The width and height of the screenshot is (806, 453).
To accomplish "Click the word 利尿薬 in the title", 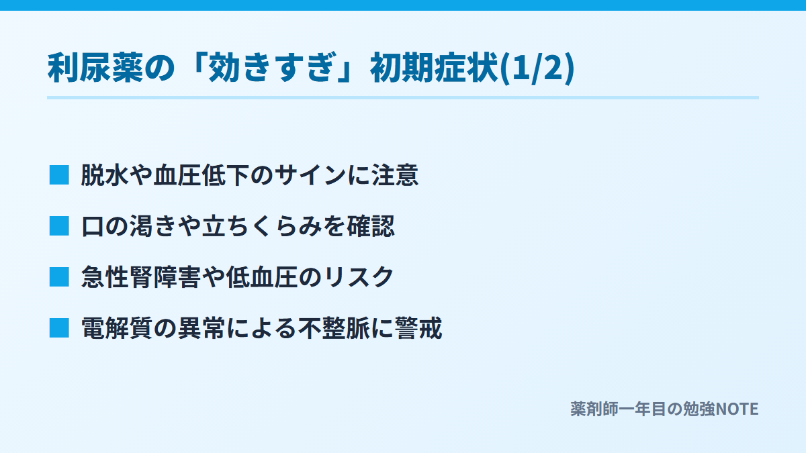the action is (x=95, y=68).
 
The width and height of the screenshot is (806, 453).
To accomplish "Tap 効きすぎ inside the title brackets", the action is (x=271, y=68).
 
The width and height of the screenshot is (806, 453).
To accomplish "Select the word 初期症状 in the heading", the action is (x=435, y=68).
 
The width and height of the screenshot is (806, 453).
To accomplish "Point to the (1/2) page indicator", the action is (x=537, y=68).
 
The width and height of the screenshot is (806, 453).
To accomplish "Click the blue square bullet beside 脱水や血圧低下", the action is (x=59, y=175).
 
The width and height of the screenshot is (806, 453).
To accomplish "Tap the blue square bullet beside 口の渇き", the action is (x=59, y=226).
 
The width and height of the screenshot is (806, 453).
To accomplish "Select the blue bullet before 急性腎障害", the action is (x=59, y=277).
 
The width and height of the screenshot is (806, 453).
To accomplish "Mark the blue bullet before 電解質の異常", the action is (x=59, y=328).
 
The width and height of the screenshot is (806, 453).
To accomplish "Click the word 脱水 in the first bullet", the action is (x=105, y=175).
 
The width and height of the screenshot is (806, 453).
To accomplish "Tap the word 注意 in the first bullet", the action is (x=395, y=175).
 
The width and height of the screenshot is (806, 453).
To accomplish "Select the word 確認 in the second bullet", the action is (x=371, y=226).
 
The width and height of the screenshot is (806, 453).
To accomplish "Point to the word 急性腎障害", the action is (x=141, y=277).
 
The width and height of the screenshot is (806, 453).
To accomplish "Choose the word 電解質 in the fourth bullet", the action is (x=117, y=328).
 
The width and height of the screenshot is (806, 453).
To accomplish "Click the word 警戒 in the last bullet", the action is (x=418, y=328).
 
